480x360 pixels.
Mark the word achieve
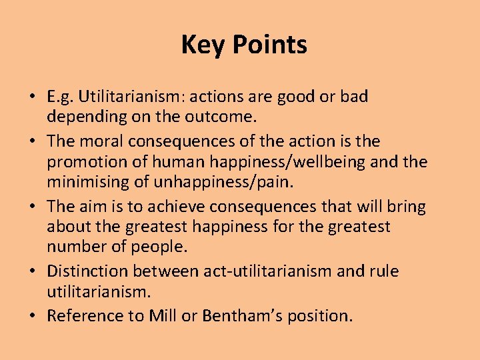point(168,207)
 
